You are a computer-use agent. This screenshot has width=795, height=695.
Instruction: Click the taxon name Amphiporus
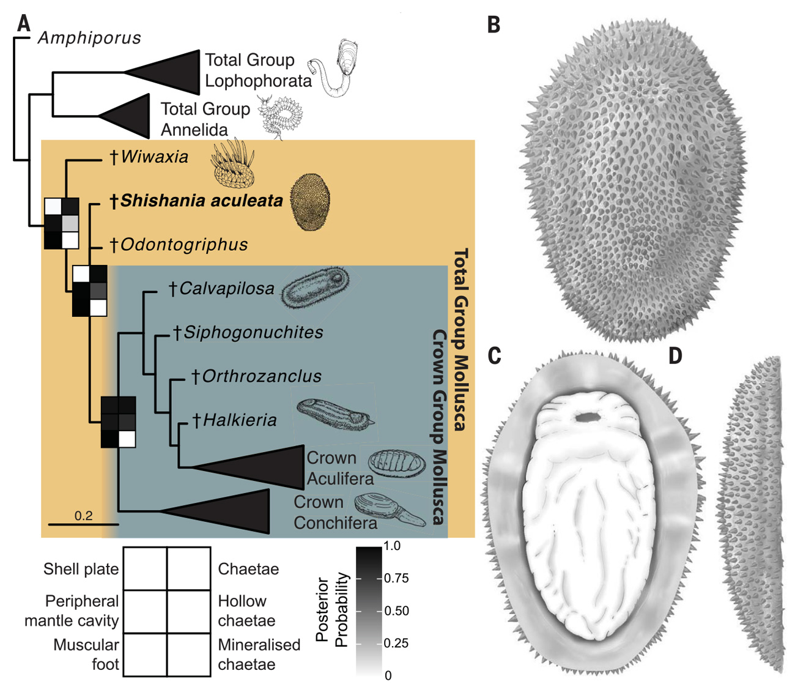(x=89, y=38)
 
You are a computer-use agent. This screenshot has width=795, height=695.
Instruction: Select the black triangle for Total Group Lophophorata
(x=171, y=72)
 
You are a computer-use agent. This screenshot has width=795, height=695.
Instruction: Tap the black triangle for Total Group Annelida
(x=131, y=116)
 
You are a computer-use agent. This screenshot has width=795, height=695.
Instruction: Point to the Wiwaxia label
(x=154, y=157)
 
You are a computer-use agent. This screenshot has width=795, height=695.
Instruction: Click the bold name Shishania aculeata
(x=201, y=201)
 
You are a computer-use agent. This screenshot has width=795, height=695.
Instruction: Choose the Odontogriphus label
(x=183, y=245)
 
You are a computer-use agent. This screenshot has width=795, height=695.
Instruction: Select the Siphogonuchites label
(x=253, y=332)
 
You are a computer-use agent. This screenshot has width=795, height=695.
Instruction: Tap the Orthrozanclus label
(x=261, y=376)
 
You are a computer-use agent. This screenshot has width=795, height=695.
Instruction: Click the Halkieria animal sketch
(x=333, y=414)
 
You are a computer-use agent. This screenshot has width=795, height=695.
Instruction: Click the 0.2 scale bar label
(x=83, y=515)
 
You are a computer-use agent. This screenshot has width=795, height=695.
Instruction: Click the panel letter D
(x=675, y=355)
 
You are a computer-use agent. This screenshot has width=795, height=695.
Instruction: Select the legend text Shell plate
(x=81, y=569)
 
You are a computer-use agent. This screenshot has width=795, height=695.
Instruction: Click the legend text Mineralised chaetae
(x=259, y=655)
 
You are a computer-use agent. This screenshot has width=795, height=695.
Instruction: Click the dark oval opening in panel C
(x=588, y=417)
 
